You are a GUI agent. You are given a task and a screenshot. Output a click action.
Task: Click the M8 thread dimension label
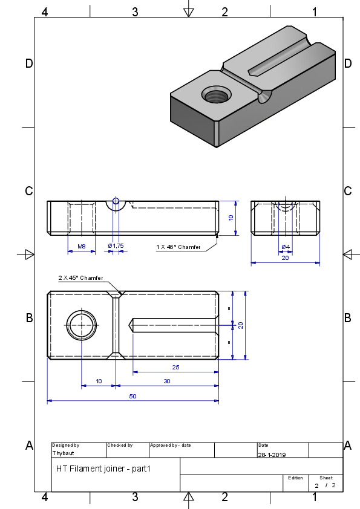pos(82,247)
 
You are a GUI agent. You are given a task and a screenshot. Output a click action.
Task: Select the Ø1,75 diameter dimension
pos(116,246)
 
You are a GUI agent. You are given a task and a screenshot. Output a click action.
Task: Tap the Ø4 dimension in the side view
pos(286,247)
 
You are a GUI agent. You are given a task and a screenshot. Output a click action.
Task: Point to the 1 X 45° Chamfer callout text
pos(178,247)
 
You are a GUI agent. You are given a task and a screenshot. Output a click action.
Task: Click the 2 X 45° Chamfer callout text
pos(80,278)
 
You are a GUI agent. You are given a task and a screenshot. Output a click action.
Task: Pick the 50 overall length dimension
pos(133,397)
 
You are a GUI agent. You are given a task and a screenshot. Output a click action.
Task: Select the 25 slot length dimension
pos(175,367)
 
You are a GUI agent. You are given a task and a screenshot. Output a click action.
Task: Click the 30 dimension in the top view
pos(166,381)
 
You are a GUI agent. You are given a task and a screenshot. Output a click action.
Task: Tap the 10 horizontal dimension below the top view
pos(99,381)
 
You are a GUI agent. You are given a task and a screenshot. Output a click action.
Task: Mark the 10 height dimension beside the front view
pos(231,218)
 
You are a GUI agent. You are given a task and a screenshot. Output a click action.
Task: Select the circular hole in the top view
pos(82,325)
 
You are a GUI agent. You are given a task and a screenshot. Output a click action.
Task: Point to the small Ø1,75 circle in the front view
pos(116,201)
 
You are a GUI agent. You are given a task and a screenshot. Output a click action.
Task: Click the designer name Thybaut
pos(63,453)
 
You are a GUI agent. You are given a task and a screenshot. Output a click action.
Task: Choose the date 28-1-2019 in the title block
pos(272,455)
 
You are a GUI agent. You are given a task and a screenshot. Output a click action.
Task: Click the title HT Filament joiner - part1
pos(103,468)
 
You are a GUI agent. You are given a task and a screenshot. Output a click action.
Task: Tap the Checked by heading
pos(120,445)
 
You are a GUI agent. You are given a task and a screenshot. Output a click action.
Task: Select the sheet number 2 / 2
pos(325,485)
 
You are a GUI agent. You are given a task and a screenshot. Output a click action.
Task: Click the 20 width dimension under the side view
pos(285,258)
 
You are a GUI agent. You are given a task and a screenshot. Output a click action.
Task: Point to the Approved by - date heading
pos(170,445)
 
